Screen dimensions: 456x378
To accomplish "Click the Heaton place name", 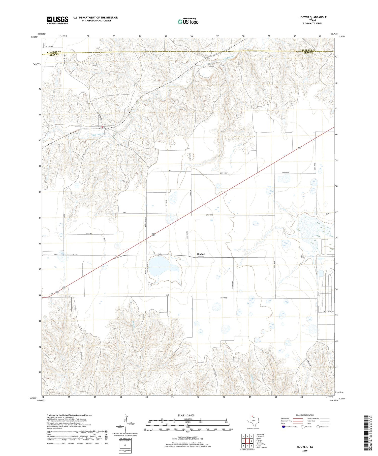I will pos(201,254).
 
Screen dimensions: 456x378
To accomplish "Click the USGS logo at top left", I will pos(57,20).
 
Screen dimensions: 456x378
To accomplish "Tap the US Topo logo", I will pos(188,21).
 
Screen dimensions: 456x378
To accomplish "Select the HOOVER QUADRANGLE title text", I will pos(312,17).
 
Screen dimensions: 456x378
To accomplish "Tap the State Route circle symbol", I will pos(318,427).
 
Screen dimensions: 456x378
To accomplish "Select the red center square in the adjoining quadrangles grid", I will pos(247,441).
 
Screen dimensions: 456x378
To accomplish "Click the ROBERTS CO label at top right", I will pos(308,50).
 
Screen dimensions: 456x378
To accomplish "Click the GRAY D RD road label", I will pos(209,215).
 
